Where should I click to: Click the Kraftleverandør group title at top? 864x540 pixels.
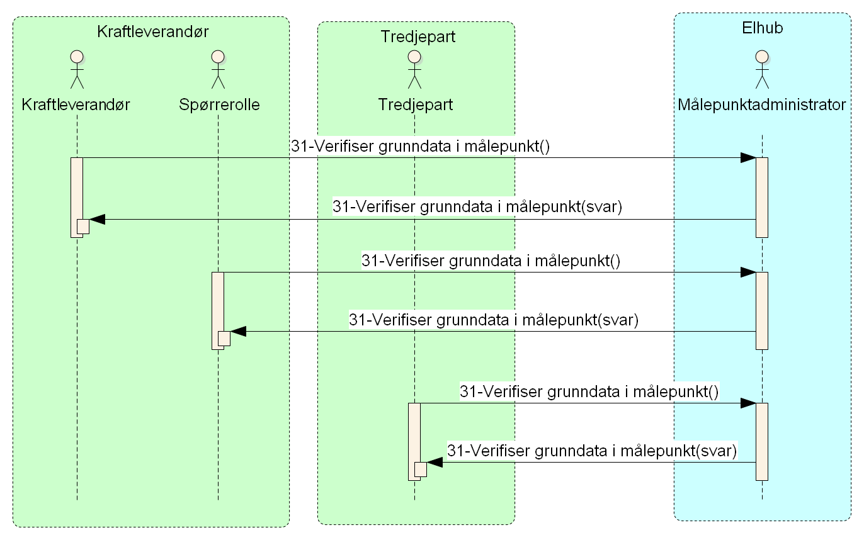152,31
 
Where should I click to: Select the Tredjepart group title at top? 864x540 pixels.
418,37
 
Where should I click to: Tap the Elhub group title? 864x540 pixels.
762,28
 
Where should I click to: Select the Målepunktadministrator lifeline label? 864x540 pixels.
762,104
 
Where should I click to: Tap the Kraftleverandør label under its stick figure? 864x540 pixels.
76,104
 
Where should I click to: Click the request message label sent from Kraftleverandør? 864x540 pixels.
421,147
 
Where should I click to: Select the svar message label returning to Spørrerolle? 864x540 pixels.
494,320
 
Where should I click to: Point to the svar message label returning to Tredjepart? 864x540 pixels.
592,451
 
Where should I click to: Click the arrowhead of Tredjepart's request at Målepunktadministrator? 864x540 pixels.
748,403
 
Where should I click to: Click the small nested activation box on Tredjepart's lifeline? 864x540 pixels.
421,470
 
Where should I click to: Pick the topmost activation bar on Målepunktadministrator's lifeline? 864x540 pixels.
762,197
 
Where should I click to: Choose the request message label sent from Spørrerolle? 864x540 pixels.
491,261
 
